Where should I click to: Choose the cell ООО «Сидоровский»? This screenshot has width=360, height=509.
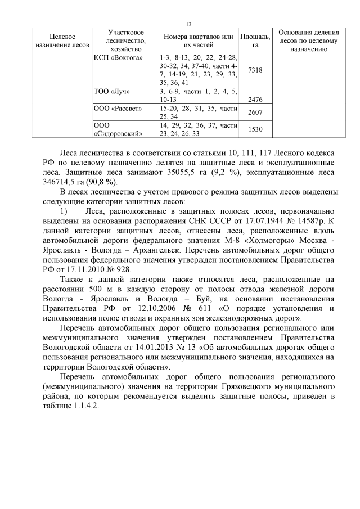[x=117, y=129]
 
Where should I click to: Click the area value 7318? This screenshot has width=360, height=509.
[x=255, y=70]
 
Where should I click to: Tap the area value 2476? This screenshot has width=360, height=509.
[x=255, y=99]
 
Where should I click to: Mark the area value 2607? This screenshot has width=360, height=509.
[x=255, y=112]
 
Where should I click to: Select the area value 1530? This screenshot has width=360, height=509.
[x=255, y=129]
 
